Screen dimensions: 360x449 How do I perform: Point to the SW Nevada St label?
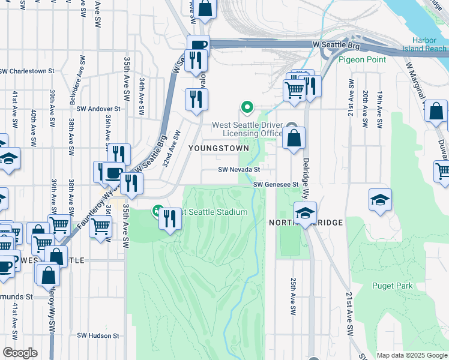(239, 170)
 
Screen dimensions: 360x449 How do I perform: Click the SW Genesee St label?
(276, 185)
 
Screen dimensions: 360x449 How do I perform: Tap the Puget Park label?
(392, 286)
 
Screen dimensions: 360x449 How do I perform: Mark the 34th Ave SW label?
(142, 96)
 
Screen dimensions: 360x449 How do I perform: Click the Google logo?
(19, 353)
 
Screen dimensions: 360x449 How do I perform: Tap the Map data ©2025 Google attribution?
(412, 355)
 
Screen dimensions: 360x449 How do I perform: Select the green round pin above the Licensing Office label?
(246, 108)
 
